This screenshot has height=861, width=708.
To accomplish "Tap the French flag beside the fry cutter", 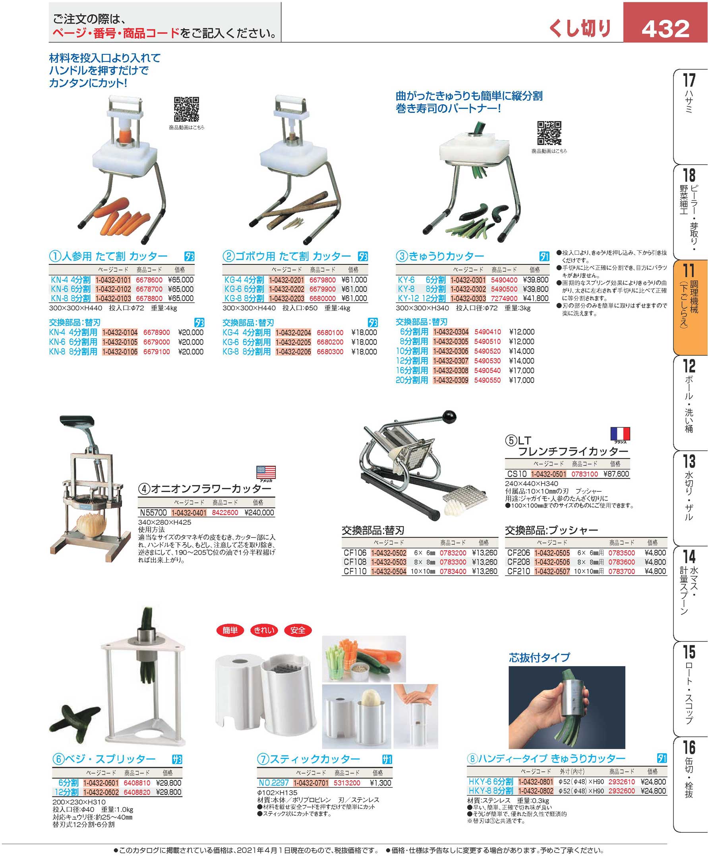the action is point(620,433).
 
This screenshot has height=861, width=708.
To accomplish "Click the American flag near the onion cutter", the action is point(266,472).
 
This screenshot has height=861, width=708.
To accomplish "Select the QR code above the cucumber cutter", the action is point(549,133).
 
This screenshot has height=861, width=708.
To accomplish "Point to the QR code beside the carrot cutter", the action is point(186,109).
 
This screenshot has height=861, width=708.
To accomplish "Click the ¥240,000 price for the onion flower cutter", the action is point(259,512).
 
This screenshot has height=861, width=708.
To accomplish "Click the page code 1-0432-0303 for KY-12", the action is point(468,298).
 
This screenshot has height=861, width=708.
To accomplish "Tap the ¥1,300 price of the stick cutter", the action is point(380,783).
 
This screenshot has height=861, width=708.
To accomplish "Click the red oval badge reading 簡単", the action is point(230,630).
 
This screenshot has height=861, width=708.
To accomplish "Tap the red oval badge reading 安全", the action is point(298,630).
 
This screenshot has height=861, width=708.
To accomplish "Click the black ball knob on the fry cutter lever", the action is point(449,417).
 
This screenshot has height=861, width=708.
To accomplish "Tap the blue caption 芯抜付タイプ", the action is point(539,658).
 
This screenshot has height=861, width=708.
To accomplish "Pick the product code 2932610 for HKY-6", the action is point(621,782).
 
